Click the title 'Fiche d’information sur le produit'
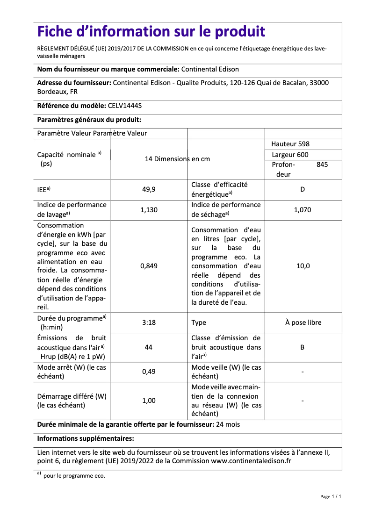[x=151, y=32]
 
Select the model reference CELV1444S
[x=124, y=106]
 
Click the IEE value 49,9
[x=149, y=189]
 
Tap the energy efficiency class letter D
[x=303, y=189]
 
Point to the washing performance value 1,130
[x=149, y=210]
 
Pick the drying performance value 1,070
[x=303, y=210]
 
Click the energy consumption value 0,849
[x=149, y=266]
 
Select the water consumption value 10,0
[x=303, y=266]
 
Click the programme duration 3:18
[x=149, y=322]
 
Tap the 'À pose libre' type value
[x=303, y=322]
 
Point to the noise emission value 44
[x=149, y=347]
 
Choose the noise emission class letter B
[x=303, y=347]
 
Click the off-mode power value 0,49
[x=149, y=372]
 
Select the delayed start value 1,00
[x=149, y=401]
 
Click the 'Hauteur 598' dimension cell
[x=290, y=144]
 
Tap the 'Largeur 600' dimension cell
[x=290, y=155]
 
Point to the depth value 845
[x=322, y=165]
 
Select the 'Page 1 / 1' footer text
[x=330, y=496]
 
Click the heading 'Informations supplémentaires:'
[x=86, y=438]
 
